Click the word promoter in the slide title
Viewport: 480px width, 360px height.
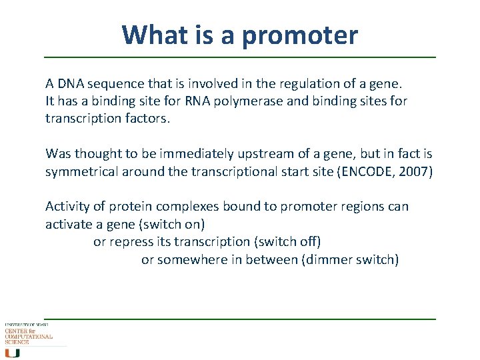point(299,35)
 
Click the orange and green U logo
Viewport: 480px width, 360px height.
point(13,353)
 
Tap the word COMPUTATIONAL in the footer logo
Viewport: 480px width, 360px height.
point(29,337)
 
